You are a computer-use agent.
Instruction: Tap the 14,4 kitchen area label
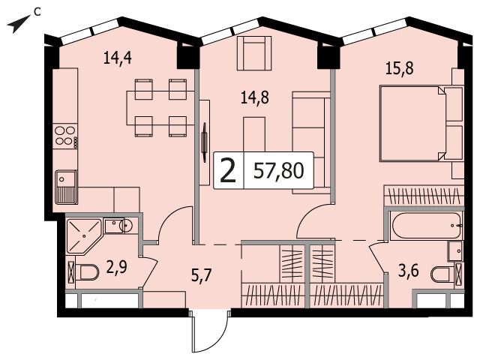117,58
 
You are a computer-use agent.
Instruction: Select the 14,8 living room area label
255,97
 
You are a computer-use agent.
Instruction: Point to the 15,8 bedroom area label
400,68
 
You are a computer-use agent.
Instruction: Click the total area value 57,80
278,171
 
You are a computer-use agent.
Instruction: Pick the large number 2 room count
228,171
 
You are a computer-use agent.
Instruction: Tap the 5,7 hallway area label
202,275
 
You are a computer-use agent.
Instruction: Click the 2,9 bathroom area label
117,267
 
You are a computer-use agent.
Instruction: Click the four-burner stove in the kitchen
65,136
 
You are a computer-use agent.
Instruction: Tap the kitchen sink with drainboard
66,187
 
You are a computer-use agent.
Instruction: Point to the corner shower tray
83,235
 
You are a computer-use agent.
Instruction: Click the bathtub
427,225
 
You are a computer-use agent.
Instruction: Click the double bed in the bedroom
421,124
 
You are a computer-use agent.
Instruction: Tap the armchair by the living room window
254,53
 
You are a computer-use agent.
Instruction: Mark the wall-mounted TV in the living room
204,142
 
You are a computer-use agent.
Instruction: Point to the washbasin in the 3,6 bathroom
454,250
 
